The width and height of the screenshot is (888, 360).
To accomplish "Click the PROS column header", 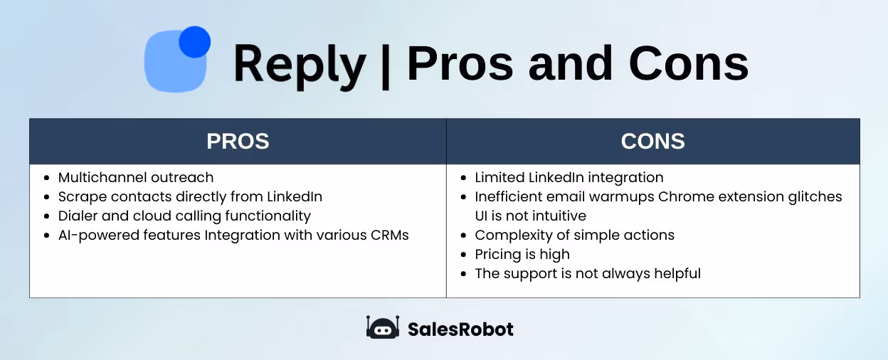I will (x=238, y=141).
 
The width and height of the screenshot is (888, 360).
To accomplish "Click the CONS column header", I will (x=652, y=141).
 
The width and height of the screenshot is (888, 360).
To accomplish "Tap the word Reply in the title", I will (x=299, y=64).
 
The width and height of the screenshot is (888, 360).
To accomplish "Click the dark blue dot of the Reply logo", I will (x=194, y=42).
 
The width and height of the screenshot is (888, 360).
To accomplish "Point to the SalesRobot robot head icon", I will (x=383, y=327).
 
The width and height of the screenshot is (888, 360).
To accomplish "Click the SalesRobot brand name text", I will (x=460, y=329).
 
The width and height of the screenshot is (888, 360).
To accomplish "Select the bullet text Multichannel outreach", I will (x=135, y=177).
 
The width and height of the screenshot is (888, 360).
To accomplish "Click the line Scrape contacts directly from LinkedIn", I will (x=190, y=196).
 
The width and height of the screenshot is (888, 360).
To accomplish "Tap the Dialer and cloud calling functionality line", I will (x=184, y=216).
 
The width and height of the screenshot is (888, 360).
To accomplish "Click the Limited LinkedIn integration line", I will (x=569, y=177).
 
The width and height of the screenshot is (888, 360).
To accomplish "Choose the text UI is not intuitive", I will (x=531, y=216).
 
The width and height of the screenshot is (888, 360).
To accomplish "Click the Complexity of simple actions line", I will (x=574, y=235).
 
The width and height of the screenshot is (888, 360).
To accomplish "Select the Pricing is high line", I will (x=522, y=254).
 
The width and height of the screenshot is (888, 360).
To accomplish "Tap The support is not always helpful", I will (x=588, y=273).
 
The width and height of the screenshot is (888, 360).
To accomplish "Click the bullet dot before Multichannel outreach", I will (x=47, y=178).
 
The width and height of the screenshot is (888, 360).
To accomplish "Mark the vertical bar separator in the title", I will (x=386, y=65).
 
